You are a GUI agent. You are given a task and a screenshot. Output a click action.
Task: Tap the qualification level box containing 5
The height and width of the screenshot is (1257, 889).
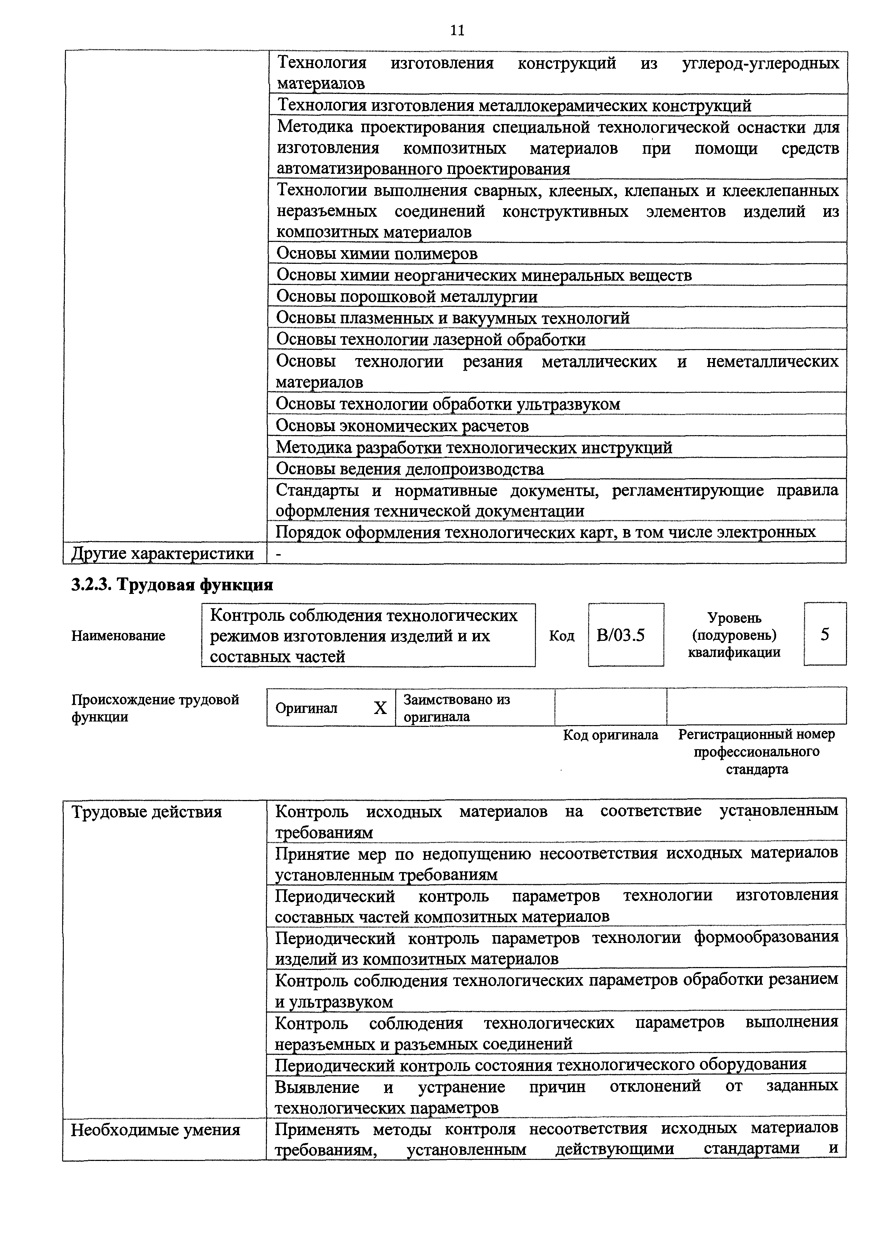(x=825, y=634)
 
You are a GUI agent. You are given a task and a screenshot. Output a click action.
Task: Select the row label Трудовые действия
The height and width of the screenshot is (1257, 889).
(x=147, y=812)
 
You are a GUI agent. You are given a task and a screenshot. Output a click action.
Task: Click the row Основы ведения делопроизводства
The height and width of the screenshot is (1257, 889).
(x=410, y=469)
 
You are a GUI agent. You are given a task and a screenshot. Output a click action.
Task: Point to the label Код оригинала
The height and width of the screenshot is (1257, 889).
(x=610, y=735)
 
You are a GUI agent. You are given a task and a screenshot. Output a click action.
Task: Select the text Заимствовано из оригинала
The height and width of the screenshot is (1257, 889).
(x=456, y=708)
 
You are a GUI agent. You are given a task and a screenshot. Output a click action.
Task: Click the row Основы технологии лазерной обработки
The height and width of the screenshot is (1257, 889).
(x=430, y=339)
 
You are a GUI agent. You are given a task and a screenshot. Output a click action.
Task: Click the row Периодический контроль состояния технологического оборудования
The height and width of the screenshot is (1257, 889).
(x=540, y=1064)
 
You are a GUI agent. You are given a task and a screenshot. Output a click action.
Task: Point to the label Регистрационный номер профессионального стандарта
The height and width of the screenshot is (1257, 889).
(x=756, y=751)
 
